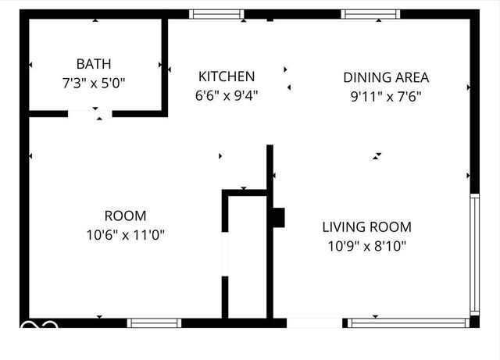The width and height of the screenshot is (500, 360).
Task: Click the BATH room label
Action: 93,63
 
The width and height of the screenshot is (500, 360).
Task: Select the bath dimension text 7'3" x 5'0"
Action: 93,80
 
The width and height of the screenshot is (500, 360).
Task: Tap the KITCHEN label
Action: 227,77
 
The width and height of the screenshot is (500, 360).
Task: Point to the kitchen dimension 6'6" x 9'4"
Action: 227,94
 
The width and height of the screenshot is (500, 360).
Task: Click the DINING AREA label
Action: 386,77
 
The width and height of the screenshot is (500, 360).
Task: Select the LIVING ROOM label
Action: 366,227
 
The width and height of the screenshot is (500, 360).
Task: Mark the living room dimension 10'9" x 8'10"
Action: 366,246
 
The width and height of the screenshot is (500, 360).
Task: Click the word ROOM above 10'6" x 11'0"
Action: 125,216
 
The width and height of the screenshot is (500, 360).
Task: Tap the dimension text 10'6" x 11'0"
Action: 125,233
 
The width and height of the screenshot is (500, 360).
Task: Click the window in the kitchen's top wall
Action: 216,14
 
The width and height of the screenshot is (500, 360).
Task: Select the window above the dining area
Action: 371,14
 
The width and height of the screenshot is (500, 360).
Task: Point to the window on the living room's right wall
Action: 473,254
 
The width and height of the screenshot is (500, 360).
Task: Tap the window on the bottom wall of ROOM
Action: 154,322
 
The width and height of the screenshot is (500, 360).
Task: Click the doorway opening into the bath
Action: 90,114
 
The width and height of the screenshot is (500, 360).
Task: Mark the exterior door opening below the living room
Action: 315,322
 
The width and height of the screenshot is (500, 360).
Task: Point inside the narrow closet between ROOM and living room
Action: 247,258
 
